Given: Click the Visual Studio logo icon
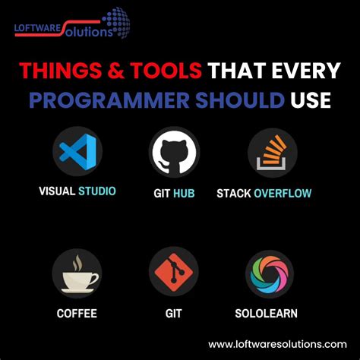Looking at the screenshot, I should click(x=77, y=152).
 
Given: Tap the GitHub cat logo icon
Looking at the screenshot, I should click(x=173, y=152).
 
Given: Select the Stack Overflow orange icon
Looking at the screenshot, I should click(x=272, y=152).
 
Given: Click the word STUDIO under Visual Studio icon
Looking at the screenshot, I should click(x=97, y=191).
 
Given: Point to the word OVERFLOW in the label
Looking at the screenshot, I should click(x=283, y=193).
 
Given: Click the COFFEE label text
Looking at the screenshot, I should click(x=77, y=312).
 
